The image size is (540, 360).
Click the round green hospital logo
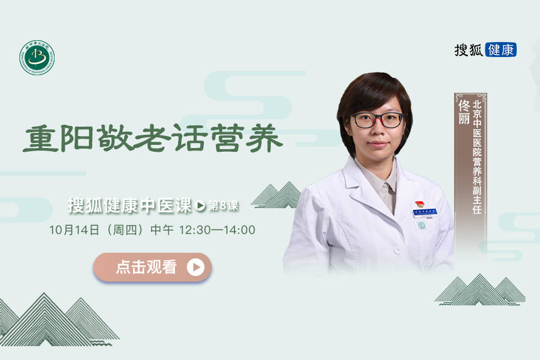coord(37,58)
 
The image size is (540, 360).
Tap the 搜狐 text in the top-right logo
coord(469,50)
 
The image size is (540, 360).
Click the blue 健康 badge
coord(500,50)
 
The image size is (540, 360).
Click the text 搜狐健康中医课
coord(129,205)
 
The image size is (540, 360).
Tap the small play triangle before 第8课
coord(201,205)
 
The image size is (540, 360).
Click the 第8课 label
coord(223,205)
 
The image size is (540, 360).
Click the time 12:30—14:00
coord(217,230)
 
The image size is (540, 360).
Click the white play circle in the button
coord(196,267)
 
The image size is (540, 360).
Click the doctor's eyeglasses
coord(376,120)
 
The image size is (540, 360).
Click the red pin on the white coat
coord(419,205)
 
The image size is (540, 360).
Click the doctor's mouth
coord(377,145)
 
